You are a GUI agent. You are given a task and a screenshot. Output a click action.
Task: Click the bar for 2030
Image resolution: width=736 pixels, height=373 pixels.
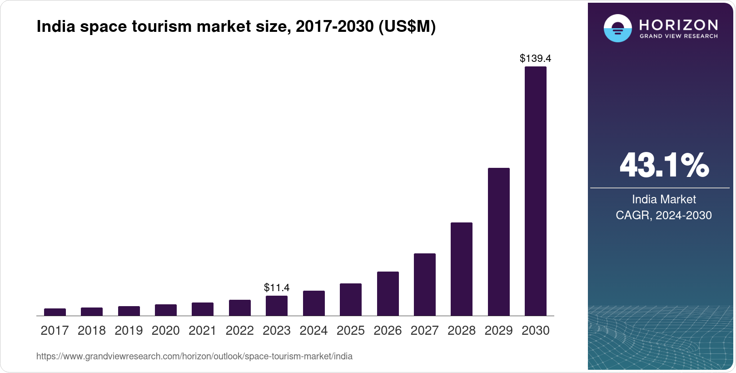click(536, 191)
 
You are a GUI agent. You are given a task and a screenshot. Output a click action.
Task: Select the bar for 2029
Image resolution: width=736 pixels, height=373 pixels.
click(499, 242)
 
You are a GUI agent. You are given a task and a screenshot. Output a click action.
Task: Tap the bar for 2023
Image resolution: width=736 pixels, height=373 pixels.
click(277, 306)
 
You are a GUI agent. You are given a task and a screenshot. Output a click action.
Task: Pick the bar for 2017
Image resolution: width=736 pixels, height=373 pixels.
click(55, 312)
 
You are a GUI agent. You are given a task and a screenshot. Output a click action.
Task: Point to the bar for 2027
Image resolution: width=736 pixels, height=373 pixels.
click(425, 284)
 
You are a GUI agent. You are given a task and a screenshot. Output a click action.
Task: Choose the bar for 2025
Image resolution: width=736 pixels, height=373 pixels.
click(351, 299)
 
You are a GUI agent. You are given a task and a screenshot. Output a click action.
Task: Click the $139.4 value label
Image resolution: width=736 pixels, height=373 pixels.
click(536, 58)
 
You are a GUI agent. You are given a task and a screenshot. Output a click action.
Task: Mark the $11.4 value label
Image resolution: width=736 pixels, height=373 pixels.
click(277, 287)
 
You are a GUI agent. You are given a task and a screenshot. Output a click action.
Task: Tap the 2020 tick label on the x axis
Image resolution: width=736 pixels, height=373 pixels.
click(166, 331)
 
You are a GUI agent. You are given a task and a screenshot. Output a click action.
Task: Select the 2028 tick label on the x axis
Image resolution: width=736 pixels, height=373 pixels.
click(462, 331)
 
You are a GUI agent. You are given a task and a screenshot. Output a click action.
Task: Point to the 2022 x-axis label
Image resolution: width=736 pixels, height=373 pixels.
click(240, 331)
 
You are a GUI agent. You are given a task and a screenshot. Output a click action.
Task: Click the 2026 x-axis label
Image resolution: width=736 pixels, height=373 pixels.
click(388, 331)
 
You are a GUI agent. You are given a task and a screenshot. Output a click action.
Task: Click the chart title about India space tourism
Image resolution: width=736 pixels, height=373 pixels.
click(236, 26)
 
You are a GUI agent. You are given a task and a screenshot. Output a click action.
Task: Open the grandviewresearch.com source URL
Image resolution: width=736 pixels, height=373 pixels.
click(194, 356)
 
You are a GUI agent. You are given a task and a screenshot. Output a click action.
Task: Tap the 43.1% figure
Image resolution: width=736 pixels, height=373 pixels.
click(664, 165)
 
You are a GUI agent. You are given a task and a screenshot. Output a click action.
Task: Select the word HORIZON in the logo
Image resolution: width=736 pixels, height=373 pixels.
click(678, 25)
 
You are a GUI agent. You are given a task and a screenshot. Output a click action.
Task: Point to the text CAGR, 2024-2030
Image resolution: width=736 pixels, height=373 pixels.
click(664, 215)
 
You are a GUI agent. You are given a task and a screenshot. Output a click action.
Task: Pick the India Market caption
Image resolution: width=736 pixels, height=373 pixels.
click(664, 199)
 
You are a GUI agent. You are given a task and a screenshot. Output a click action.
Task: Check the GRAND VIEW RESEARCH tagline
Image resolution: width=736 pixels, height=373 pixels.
click(678, 36)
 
